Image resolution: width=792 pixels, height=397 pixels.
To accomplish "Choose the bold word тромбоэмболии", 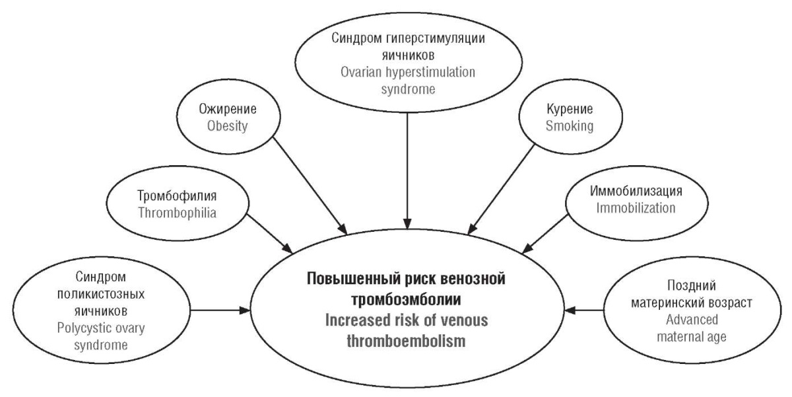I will click(407, 300).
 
